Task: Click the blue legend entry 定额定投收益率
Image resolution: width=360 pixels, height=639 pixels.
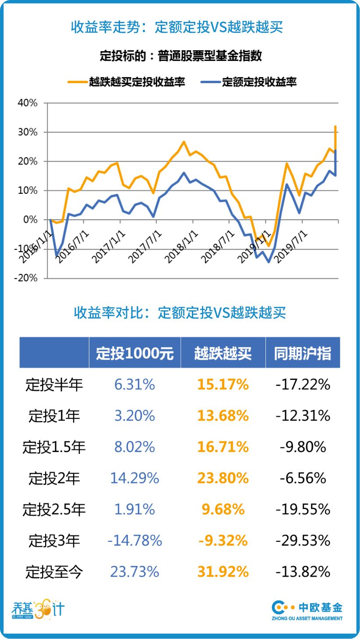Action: (250, 82)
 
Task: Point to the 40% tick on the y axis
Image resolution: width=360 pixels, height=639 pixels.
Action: (28, 103)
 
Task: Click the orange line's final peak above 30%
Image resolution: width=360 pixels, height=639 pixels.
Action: (335, 126)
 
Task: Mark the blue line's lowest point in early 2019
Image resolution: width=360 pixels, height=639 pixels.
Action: (268, 262)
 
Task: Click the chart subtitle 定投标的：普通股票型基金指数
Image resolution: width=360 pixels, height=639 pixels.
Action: (180, 56)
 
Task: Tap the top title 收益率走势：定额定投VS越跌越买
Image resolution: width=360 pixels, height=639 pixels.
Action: (177, 27)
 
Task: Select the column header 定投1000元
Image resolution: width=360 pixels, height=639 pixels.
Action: (135, 353)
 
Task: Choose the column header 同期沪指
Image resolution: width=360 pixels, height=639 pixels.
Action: (303, 353)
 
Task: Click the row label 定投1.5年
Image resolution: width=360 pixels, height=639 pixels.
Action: (54, 447)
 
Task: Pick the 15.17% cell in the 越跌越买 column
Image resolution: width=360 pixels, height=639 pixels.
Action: (222, 385)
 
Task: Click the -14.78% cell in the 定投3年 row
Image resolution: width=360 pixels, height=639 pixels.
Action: (135, 541)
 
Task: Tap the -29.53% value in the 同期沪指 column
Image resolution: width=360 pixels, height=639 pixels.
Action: (303, 541)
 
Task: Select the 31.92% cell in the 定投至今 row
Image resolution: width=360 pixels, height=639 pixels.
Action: (222, 572)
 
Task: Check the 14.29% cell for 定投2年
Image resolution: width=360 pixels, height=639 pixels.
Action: (135, 478)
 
